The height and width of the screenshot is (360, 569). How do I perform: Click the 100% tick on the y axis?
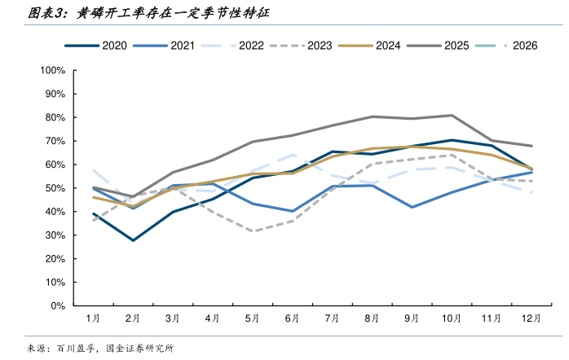pos(52,70)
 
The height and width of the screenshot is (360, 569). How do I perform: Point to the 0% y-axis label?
pos(58,306)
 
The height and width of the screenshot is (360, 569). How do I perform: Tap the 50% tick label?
pos(55,188)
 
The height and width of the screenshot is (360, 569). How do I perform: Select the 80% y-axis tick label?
pos(55,117)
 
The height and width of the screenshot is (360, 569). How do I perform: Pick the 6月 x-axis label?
pos(293,318)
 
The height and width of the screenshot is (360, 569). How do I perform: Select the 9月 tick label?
pos(412,318)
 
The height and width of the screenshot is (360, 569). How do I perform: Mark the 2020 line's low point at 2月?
pos(133,240)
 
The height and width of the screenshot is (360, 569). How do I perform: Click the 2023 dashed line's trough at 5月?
pos(253,231)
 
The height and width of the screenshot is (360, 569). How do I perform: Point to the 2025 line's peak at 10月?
pos(452,115)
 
